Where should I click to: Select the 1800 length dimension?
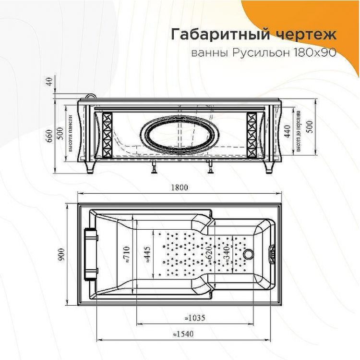(x=179, y=187)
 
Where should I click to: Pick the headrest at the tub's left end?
(x=90, y=254)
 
